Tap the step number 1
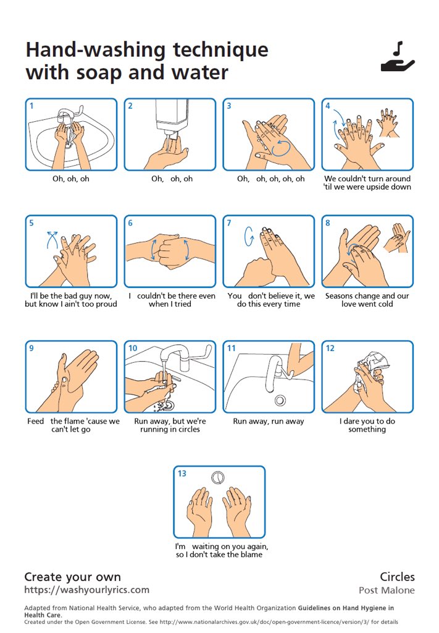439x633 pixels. coord(31,106)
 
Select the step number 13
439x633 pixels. coord(182,473)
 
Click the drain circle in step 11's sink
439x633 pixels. coord(280,401)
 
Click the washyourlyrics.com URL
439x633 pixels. coord(86,590)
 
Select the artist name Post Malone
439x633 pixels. coord(387,590)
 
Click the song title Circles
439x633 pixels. coord(397,577)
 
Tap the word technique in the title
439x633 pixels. coord(220,51)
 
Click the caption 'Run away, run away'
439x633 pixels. coord(269,421)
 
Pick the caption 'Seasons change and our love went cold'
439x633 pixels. coord(367,300)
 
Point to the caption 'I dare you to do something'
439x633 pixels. coord(367,425)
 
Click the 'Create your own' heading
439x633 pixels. coord(73,577)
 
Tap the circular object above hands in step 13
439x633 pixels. coord(218,478)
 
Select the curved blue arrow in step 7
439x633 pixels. coord(249,236)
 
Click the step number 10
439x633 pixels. coord(133,348)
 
